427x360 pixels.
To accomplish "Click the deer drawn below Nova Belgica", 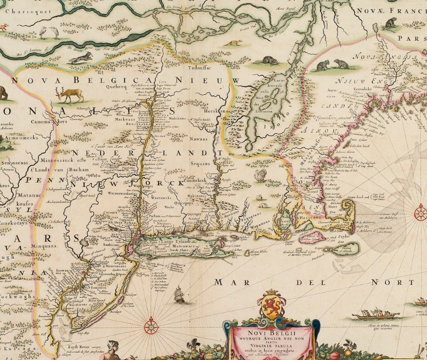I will [70, 95].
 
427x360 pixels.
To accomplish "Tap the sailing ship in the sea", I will [179, 295].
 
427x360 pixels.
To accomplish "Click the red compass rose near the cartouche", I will [150, 326].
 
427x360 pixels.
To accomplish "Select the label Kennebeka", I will [362, 89].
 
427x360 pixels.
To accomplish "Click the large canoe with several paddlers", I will [376, 314].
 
